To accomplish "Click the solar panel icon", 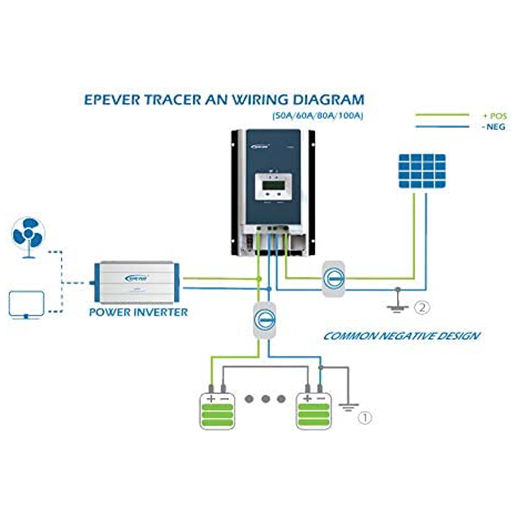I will (x=422, y=171).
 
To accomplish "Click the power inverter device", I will (x=137, y=283).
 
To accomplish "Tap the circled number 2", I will (x=422, y=308).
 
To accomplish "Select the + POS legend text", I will (x=495, y=116).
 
